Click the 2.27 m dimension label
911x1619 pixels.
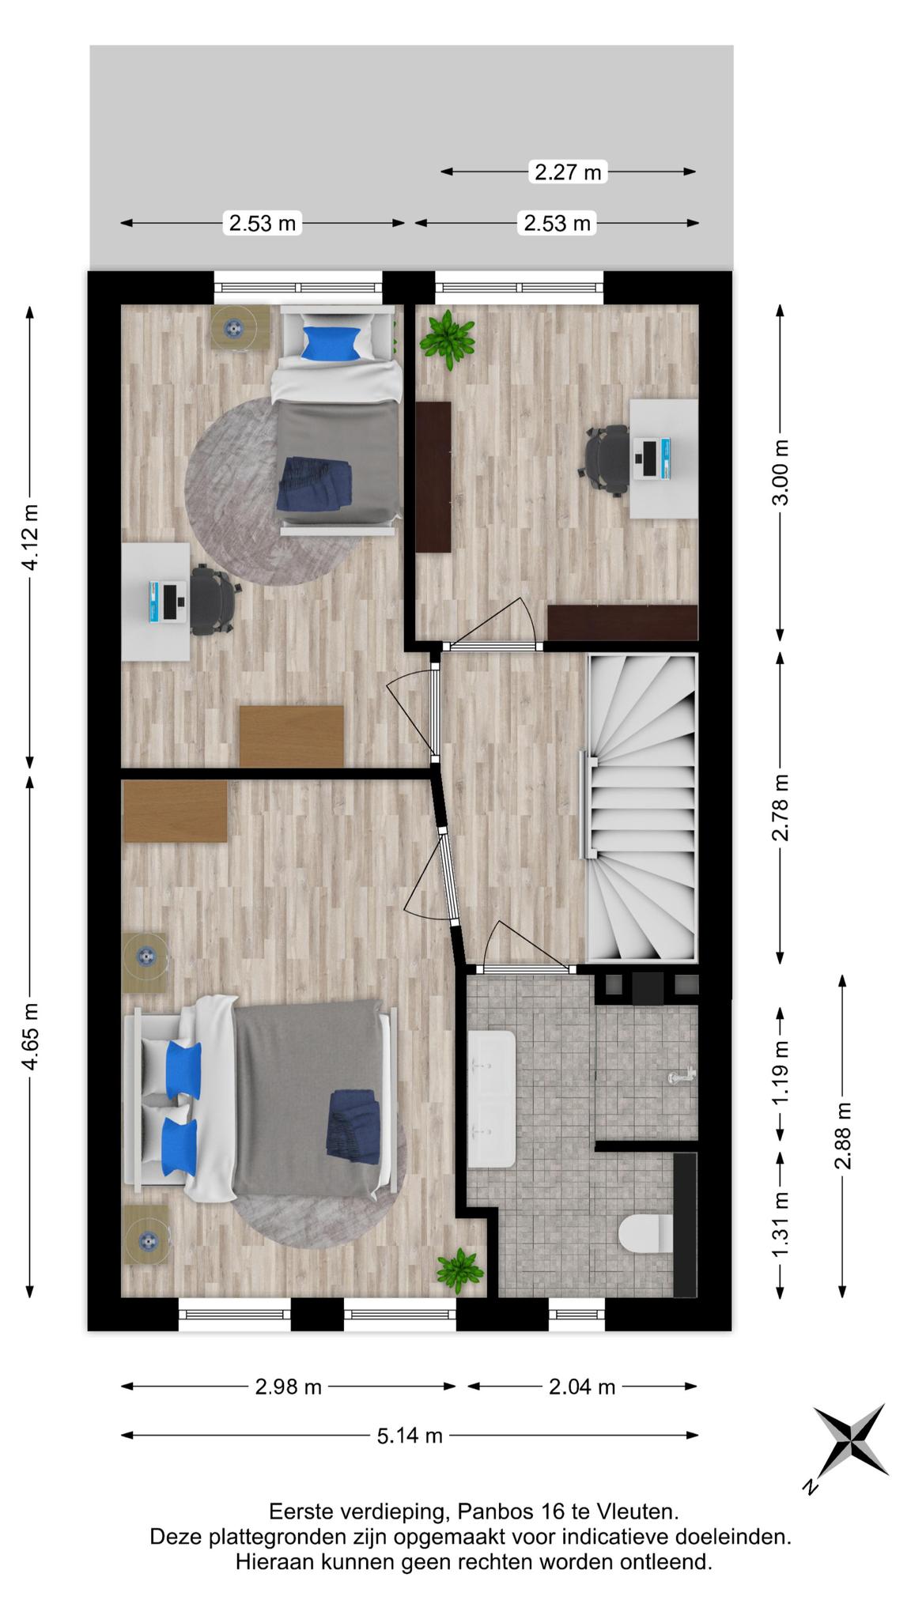(568, 172)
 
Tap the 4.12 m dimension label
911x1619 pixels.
(30, 537)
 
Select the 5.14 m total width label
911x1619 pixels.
(410, 1435)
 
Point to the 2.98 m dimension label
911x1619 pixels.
(289, 1386)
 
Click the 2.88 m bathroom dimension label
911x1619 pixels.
(843, 1136)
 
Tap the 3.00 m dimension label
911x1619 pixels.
(781, 472)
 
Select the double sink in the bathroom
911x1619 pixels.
(492, 1100)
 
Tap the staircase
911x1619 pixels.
(641, 808)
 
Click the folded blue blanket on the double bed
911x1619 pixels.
(352, 1127)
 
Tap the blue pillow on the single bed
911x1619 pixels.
(331, 343)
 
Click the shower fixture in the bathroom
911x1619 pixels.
(680, 1074)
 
